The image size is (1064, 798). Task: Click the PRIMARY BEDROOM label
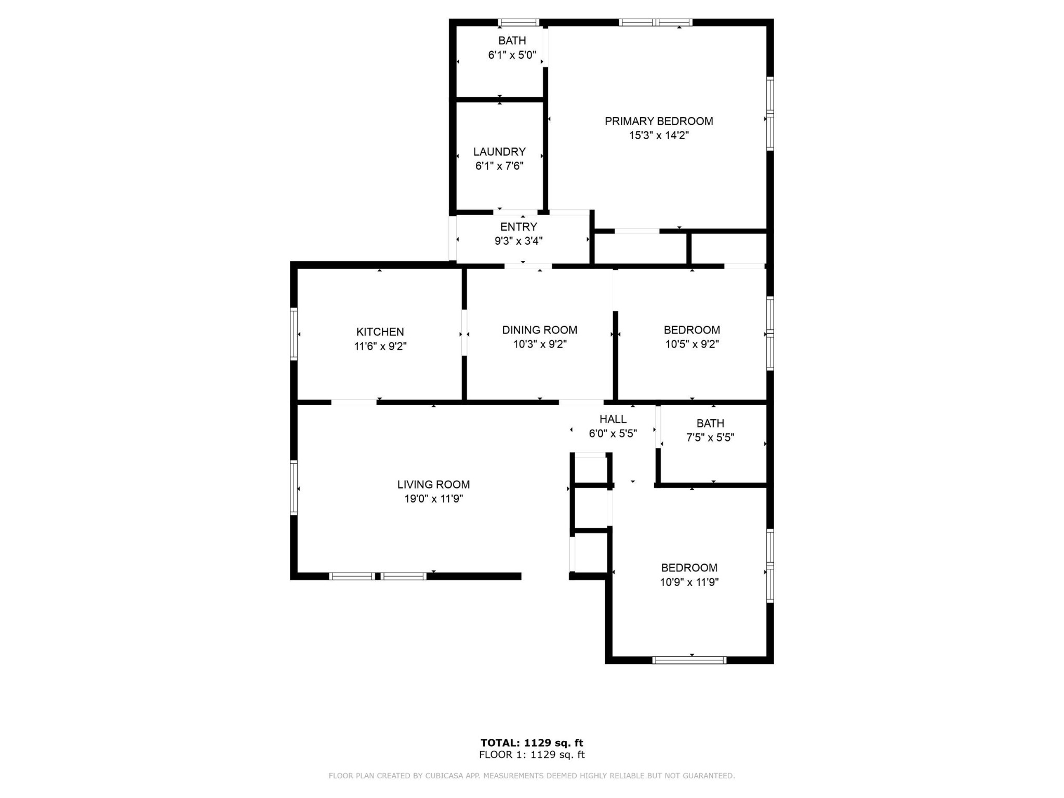click(x=659, y=121)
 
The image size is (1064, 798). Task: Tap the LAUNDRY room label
click(x=499, y=152)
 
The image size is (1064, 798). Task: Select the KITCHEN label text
click(x=380, y=332)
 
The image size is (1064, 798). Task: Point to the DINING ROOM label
click(x=540, y=330)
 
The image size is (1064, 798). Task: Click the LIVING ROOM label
click(x=433, y=485)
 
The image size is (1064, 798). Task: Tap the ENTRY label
click(x=518, y=227)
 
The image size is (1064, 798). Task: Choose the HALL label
click(x=613, y=419)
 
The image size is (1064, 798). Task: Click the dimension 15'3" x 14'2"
click(x=659, y=136)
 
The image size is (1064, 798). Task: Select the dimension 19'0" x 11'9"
click(x=433, y=499)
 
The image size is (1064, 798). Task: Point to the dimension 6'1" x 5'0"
click(x=512, y=55)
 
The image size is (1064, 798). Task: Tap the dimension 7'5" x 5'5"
click(x=710, y=438)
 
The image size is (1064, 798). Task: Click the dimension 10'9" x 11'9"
click(x=689, y=582)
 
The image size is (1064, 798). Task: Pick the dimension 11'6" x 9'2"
click(x=380, y=347)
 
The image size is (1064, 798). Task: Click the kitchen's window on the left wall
click(x=294, y=334)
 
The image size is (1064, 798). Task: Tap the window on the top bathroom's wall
click(x=518, y=22)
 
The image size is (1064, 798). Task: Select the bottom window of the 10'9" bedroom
click(x=689, y=660)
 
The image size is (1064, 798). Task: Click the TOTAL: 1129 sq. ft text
click(x=532, y=743)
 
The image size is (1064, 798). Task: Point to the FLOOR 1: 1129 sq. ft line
click(x=532, y=755)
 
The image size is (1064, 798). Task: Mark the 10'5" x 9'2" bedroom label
click(x=692, y=330)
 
